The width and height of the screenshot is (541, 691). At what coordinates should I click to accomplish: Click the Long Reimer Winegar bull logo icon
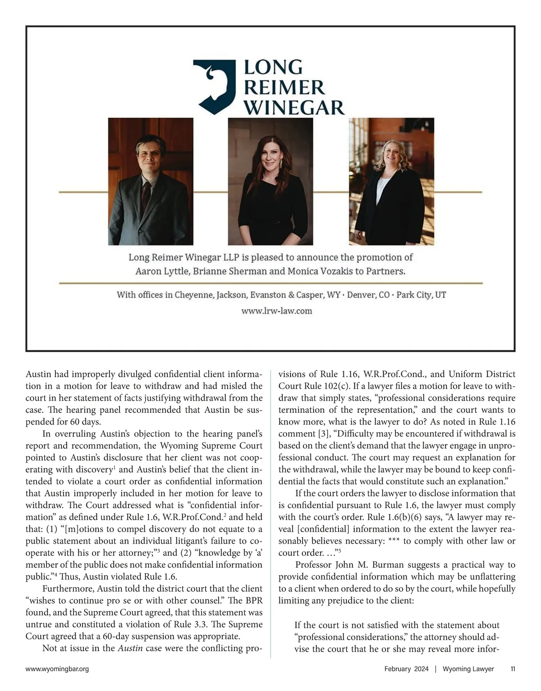214,86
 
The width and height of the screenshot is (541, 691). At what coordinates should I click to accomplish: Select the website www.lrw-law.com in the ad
276,311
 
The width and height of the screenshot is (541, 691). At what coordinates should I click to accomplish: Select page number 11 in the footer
513,669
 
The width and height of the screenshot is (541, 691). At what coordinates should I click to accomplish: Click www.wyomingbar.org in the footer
57,669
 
